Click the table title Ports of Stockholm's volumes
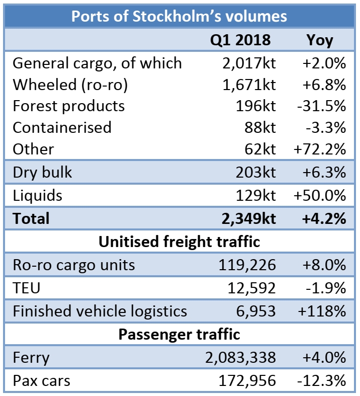pyautogui.click(x=179, y=16)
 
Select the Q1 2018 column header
pyautogui.click(x=240, y=40)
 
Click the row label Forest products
pyautogui.click(x=68, y=106)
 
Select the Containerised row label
pyautogui.click(x=62, y=127)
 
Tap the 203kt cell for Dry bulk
pyautogui.click(x=255, y=172)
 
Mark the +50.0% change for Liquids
pyautogui.click(x=319, y=195)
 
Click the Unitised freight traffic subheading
pyautogui.click(x=179, y=242)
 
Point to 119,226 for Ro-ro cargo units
pyautogui.click(x=247, y=265)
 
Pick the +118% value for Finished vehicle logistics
pyautogui.click(x=322, y=311)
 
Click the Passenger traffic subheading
pyautogui.click(x=179, y=334)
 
